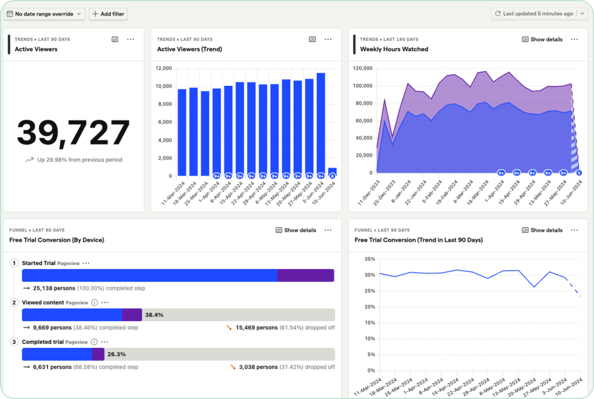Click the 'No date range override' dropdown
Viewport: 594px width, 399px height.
45,13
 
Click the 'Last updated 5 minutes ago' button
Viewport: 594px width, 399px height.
533,13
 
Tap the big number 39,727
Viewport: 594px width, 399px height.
73,132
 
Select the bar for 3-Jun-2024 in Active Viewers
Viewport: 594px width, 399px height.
321,124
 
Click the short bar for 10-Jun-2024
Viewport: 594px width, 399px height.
332,172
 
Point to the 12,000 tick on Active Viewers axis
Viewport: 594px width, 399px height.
164,69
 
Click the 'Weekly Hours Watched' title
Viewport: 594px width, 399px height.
394,49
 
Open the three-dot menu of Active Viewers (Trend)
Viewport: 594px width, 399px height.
328,39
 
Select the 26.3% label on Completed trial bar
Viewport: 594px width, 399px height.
117,354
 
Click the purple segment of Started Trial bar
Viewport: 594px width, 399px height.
305,275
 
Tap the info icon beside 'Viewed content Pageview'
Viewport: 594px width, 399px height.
95,303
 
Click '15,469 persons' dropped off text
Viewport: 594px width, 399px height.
256,328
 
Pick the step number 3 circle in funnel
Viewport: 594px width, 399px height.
14,342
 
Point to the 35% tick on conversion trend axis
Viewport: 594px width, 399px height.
368,259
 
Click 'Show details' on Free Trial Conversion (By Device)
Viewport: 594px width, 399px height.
296,230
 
